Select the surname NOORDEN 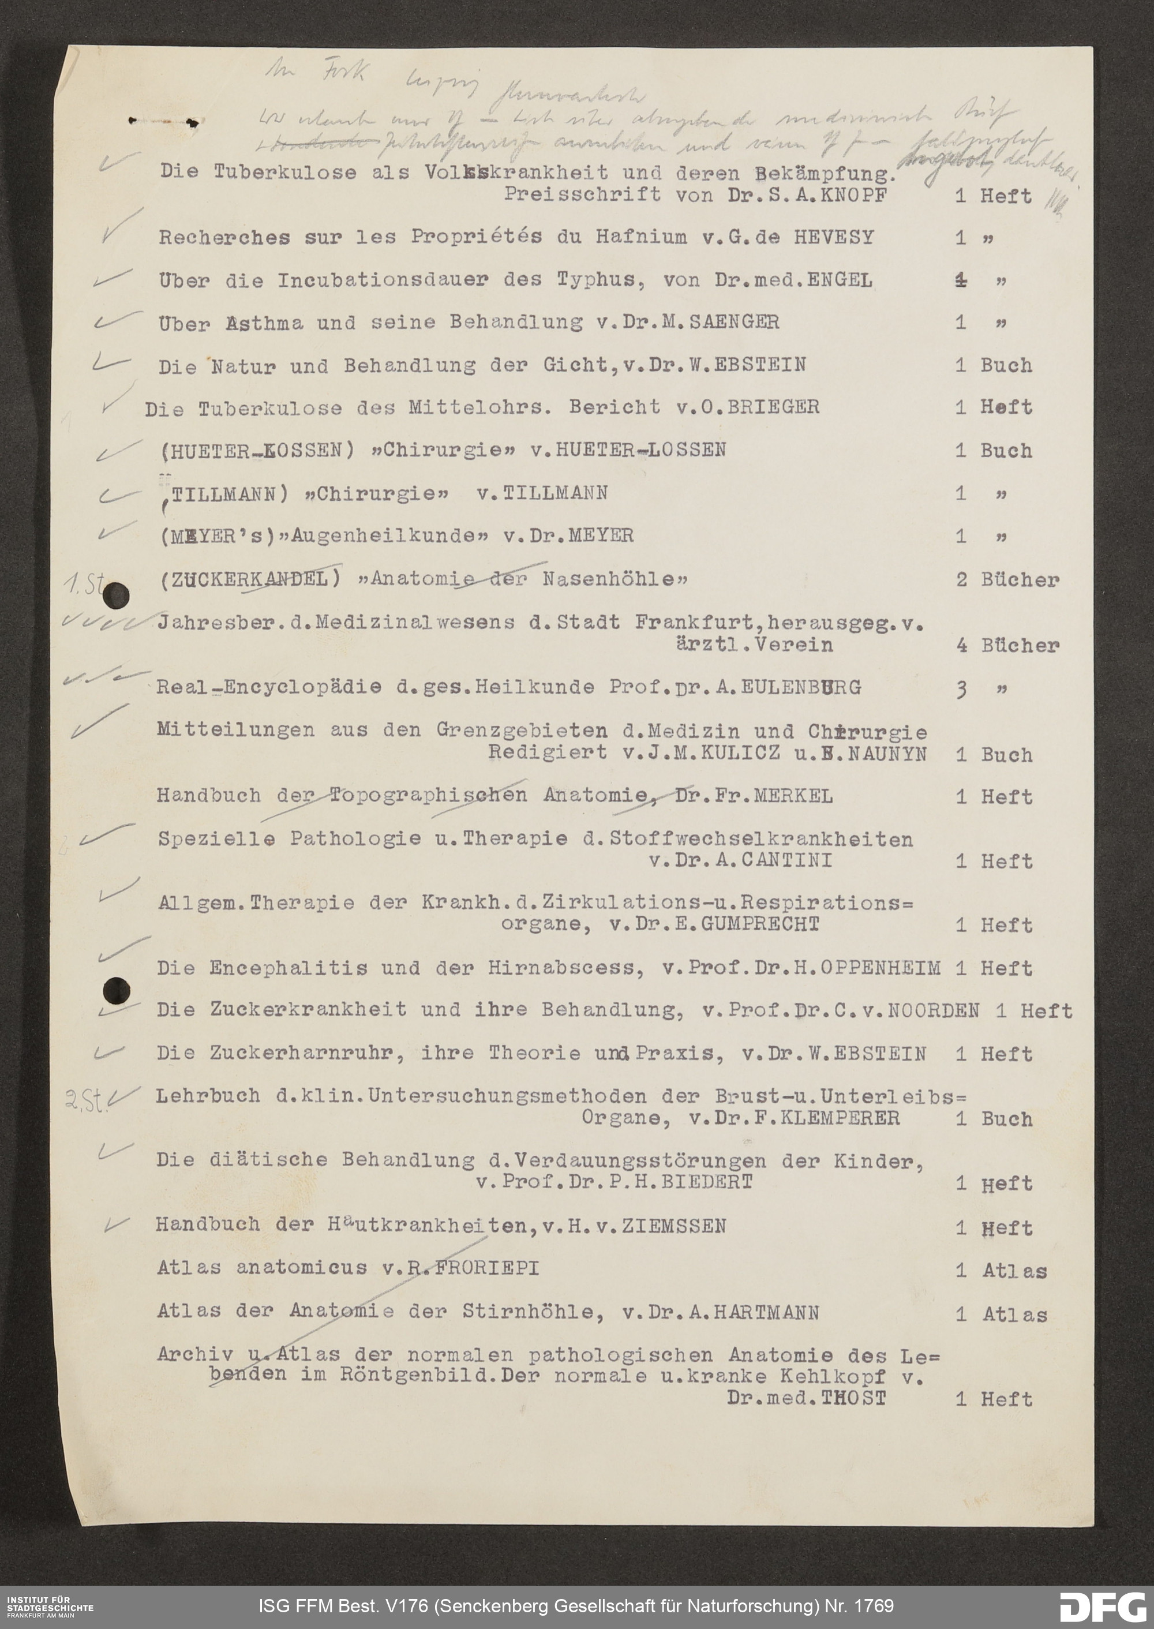point(934,1010)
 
